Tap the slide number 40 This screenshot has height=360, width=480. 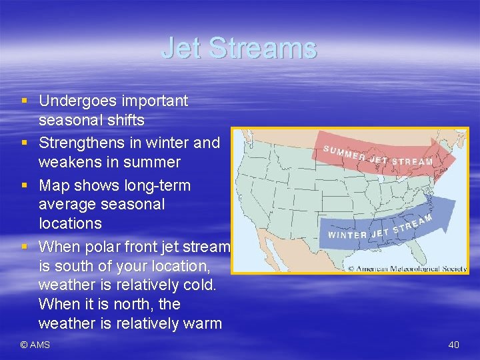[453, 345]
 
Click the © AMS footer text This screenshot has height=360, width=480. [35, 345]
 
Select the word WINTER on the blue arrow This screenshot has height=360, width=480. [347, 235]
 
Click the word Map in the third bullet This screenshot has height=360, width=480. [53, 185]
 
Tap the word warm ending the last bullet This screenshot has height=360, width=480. [201, 324]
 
